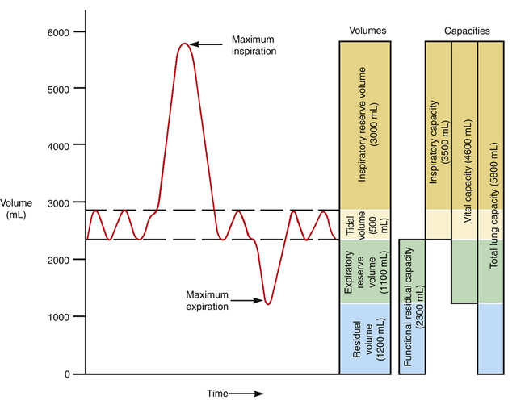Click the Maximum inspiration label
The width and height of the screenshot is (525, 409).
pyautogui.click(x=254, y=44)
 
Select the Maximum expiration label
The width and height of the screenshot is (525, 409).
pyautogui.click(x=207, y=300)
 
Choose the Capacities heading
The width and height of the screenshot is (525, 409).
pyautogui.click(x=466, y=31)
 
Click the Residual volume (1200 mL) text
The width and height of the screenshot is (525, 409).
pyautogui.click(x=365, y=339)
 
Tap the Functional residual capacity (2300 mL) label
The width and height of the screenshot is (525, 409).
pyautogui.click(x=412, y=307)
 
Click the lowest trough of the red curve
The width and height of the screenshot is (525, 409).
pyautogui.click(x=267, y=303)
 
